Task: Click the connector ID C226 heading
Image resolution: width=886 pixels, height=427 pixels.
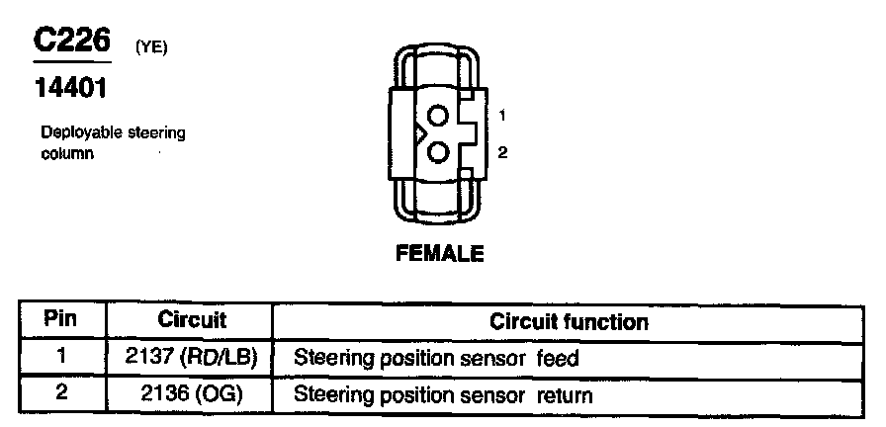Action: click(x=70, y=41)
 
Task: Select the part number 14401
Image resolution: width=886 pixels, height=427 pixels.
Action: click(x=70, y=88)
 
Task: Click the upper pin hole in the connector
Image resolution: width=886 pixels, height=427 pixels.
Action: click(x=440, y=116)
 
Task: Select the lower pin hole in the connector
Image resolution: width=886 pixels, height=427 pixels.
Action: click(x=440, y=152)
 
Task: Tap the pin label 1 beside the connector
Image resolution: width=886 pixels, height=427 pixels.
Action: click(x=502, y=116)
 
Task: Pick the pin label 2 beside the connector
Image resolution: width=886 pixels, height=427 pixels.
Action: click(x=502, y=153)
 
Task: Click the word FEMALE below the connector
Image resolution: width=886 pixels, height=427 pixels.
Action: click(x=440, y=254)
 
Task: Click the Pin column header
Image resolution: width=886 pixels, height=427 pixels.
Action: click(x=61, y=320)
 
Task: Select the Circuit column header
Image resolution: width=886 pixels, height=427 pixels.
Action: click(x=192, y=320)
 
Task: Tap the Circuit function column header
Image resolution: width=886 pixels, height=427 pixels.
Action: click(x=569, y=321)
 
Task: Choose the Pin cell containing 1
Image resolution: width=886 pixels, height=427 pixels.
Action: click(x=61, y=357)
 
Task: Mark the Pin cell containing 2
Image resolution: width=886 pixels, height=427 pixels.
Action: click(x=61, y=394)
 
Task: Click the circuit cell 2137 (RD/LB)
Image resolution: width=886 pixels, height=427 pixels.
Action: click(x=192, y=357)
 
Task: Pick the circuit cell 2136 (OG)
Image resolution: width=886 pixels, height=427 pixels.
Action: click(x=192, y=394)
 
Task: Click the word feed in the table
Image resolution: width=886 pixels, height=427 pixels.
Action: click(x=558, y=358)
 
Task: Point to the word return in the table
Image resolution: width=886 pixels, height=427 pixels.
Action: click(x=565, y=396)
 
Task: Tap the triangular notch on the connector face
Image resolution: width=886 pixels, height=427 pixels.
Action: click(x=420, y=133)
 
